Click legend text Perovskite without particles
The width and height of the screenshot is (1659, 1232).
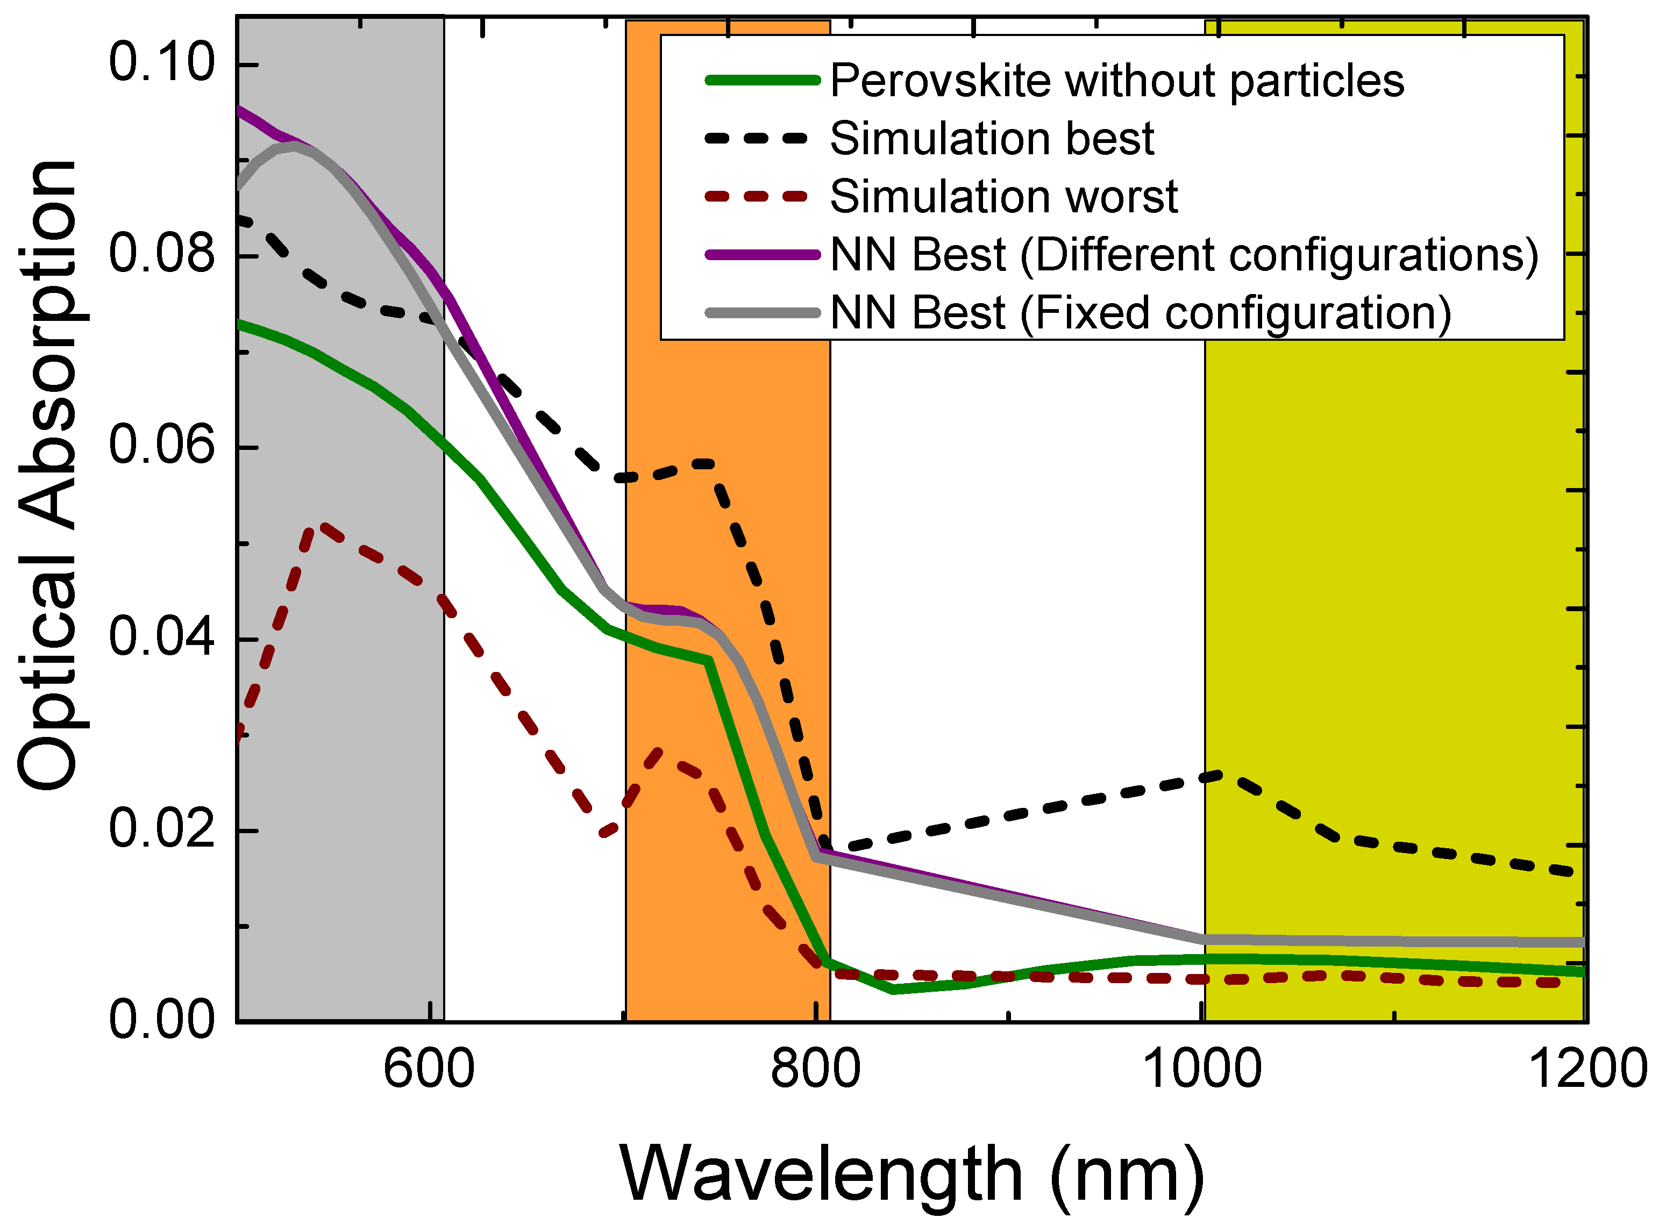1117,81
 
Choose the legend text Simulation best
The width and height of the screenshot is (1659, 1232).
992,139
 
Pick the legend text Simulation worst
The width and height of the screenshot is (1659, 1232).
1003,197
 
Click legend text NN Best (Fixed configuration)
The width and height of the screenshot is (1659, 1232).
1141,313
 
